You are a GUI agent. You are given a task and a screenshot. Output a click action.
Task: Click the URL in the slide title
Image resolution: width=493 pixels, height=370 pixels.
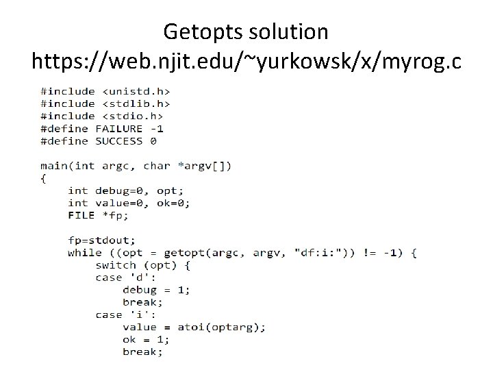click(246, 62)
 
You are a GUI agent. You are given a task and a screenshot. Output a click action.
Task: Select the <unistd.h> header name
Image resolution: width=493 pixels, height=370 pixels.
click(136, 91)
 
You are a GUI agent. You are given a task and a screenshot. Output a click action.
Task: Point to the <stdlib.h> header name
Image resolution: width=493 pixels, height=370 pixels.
click(136, 103)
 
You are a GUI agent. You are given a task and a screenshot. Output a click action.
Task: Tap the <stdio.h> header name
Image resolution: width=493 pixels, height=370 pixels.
click(133, 116)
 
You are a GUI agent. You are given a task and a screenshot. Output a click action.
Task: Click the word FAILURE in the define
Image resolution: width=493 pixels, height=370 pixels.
click(119, 128)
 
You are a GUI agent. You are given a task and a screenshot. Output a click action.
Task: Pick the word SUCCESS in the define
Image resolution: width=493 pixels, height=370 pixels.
click(119, 140)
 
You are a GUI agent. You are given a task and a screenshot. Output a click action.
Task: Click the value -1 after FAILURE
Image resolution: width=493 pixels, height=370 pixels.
click(157, 128)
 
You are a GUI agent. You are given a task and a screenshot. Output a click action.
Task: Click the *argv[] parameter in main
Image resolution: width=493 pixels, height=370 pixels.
click(204, 165)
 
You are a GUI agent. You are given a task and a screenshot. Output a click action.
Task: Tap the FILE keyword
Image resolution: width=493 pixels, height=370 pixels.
click(81, 214)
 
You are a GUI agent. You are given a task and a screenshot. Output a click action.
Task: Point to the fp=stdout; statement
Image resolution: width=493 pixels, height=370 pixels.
click(102, 240)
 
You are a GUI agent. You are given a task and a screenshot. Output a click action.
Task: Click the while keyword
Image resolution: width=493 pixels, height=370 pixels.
click(85, 252)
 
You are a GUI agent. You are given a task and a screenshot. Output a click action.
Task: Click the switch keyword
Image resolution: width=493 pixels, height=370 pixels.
click(116, 264)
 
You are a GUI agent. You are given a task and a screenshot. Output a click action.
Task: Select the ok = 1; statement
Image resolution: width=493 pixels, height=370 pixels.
click(146, 339)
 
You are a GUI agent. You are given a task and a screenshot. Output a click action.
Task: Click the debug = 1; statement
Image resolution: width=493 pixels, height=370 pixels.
click(156, 289)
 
